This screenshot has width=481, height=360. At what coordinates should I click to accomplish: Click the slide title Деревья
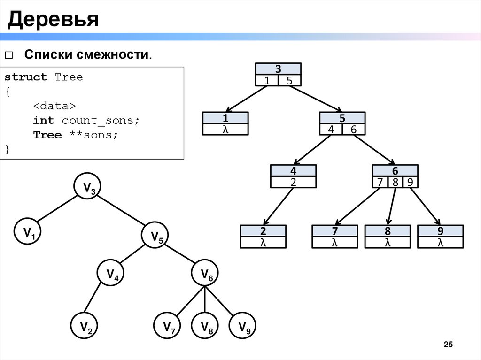click(x=52, y=19)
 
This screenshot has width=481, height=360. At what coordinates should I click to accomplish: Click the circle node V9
click(x=243, y=326)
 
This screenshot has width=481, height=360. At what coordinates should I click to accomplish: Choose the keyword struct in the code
click(x=26, y=77)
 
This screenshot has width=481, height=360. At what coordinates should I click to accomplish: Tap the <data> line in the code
click(x=54, y=106)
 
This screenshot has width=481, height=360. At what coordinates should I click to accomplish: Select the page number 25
click(x=448, y=345)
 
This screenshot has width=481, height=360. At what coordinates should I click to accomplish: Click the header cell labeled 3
click(x=278, y=69)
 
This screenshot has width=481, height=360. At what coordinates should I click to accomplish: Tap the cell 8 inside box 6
click(x=396, y=182)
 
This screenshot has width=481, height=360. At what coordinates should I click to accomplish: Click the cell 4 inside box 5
click(x=331, y=130)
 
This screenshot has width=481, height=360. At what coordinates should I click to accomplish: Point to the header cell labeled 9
click(x=440, y=231)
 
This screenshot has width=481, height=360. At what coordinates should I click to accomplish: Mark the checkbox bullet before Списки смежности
click(x=9, y=55)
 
